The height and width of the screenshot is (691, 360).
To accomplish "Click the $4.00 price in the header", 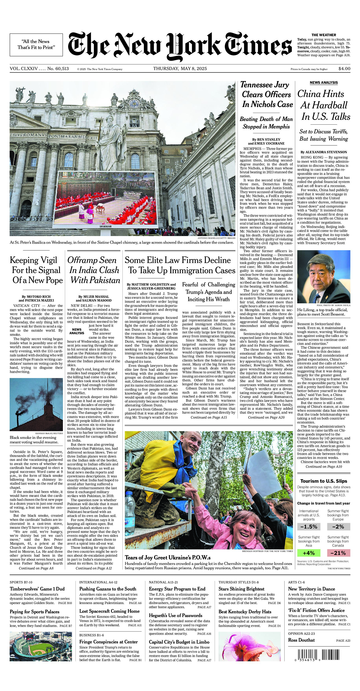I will coord(344,69).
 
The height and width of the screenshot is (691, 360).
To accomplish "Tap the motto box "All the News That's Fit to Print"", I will coord(36,44).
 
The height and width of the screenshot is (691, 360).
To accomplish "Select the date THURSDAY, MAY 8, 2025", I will coord(180,68).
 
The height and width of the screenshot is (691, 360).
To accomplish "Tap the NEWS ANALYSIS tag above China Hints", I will coord(324,83).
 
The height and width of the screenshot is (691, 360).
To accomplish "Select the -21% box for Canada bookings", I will coord(338,553).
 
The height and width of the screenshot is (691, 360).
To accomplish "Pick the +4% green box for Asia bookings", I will coord(309,553).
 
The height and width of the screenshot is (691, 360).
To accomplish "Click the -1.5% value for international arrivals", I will coord(309,527).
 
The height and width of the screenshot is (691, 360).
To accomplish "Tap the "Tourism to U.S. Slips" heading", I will coord(324,481).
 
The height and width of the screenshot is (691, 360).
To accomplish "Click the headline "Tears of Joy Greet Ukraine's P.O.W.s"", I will coord(168,558).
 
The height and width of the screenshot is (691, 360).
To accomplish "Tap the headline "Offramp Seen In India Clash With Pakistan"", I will coord(94,270).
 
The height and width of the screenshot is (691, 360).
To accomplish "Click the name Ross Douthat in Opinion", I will coord(301,640).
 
